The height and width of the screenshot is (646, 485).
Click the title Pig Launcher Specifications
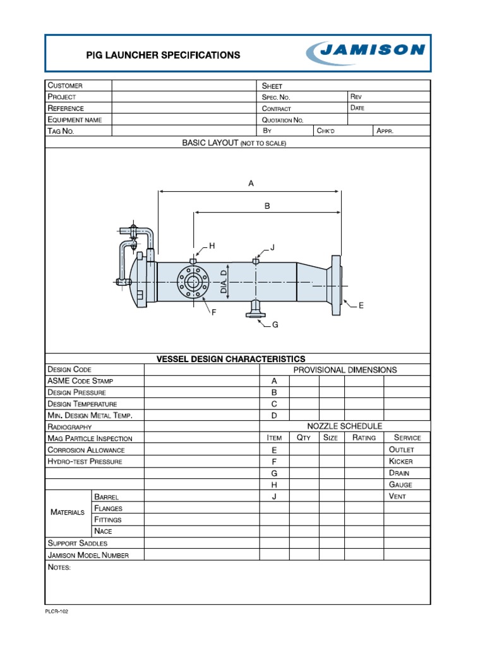pos(163,55)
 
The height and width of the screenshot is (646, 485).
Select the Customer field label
pos(65,85)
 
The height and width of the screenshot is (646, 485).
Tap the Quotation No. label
pos(283,120)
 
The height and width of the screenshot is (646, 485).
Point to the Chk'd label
pos(328,131)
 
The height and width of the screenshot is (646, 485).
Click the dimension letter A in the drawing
pos(251,184)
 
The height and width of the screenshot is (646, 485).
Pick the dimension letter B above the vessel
pos(267,206)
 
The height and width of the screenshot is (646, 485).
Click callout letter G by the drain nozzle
pos(275,325)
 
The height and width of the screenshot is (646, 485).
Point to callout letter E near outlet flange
pos(361,305)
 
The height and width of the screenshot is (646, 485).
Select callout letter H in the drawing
pos(212,245)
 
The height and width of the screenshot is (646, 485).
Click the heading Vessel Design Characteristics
pos(231,359)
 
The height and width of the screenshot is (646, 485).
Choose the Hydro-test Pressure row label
pos(85,461)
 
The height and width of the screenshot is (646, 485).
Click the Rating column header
pos(364,438)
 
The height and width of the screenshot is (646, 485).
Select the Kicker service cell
pos(401,461)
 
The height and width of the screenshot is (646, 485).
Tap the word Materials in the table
pos(67,512)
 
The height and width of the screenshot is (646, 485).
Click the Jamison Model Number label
pos(88,555)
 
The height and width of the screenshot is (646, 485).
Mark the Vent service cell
pos(398,496)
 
